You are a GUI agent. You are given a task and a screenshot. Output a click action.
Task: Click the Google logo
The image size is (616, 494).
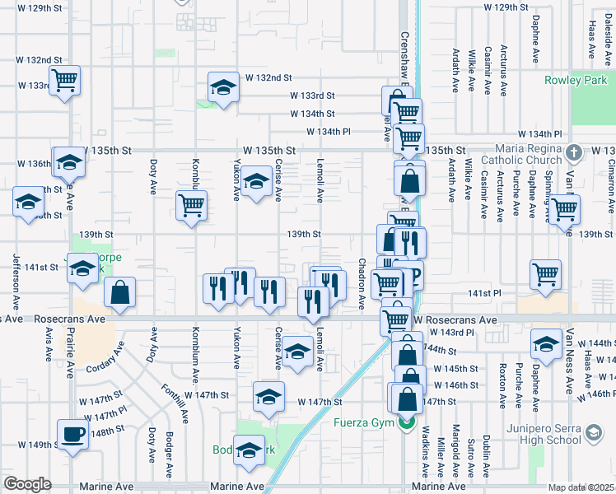27,484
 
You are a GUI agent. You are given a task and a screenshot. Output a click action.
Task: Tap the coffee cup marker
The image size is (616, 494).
72,433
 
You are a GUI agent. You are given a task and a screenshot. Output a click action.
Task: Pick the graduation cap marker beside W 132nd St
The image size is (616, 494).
222,87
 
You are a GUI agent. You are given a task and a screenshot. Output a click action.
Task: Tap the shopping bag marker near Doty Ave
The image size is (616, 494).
120,291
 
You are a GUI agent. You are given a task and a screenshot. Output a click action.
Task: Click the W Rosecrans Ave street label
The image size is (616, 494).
455,320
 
